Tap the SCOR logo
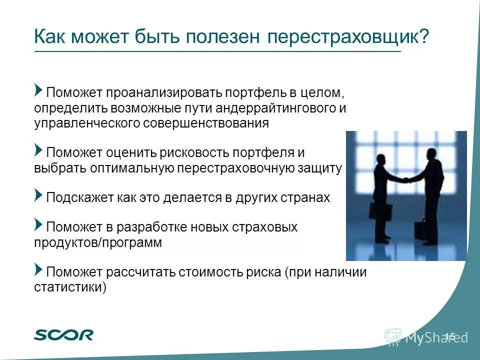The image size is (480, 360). coord(63,334)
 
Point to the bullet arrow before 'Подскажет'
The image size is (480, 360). coord(38,195)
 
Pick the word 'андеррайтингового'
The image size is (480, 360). coord(270,108)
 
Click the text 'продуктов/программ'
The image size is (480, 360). coord(98,243)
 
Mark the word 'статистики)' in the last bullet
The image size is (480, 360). coord(70,287)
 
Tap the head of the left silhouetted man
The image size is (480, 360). coord(381,160)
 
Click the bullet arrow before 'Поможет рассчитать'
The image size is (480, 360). coord(38,270)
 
